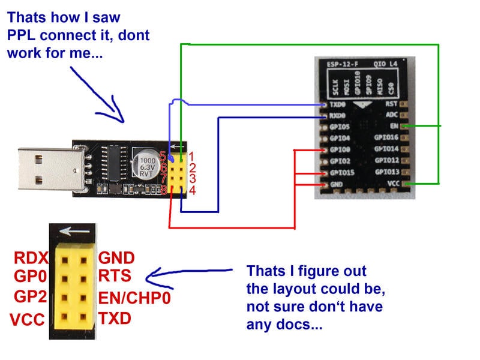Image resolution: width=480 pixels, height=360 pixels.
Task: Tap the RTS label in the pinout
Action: click(x=115, y=276)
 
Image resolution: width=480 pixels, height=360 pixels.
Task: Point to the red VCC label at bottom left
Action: click(x=27, y=320)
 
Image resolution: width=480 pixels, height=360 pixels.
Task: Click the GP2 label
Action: click(x=29, y=297)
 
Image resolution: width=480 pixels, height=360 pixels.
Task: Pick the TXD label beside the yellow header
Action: click(x=115, y=318)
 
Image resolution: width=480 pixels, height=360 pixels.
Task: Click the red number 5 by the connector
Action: click(x=162, y=156)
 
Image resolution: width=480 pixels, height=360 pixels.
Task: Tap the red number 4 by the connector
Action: click(x=193, y=191)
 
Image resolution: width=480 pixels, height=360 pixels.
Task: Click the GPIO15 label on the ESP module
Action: click(x=342, y=173)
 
